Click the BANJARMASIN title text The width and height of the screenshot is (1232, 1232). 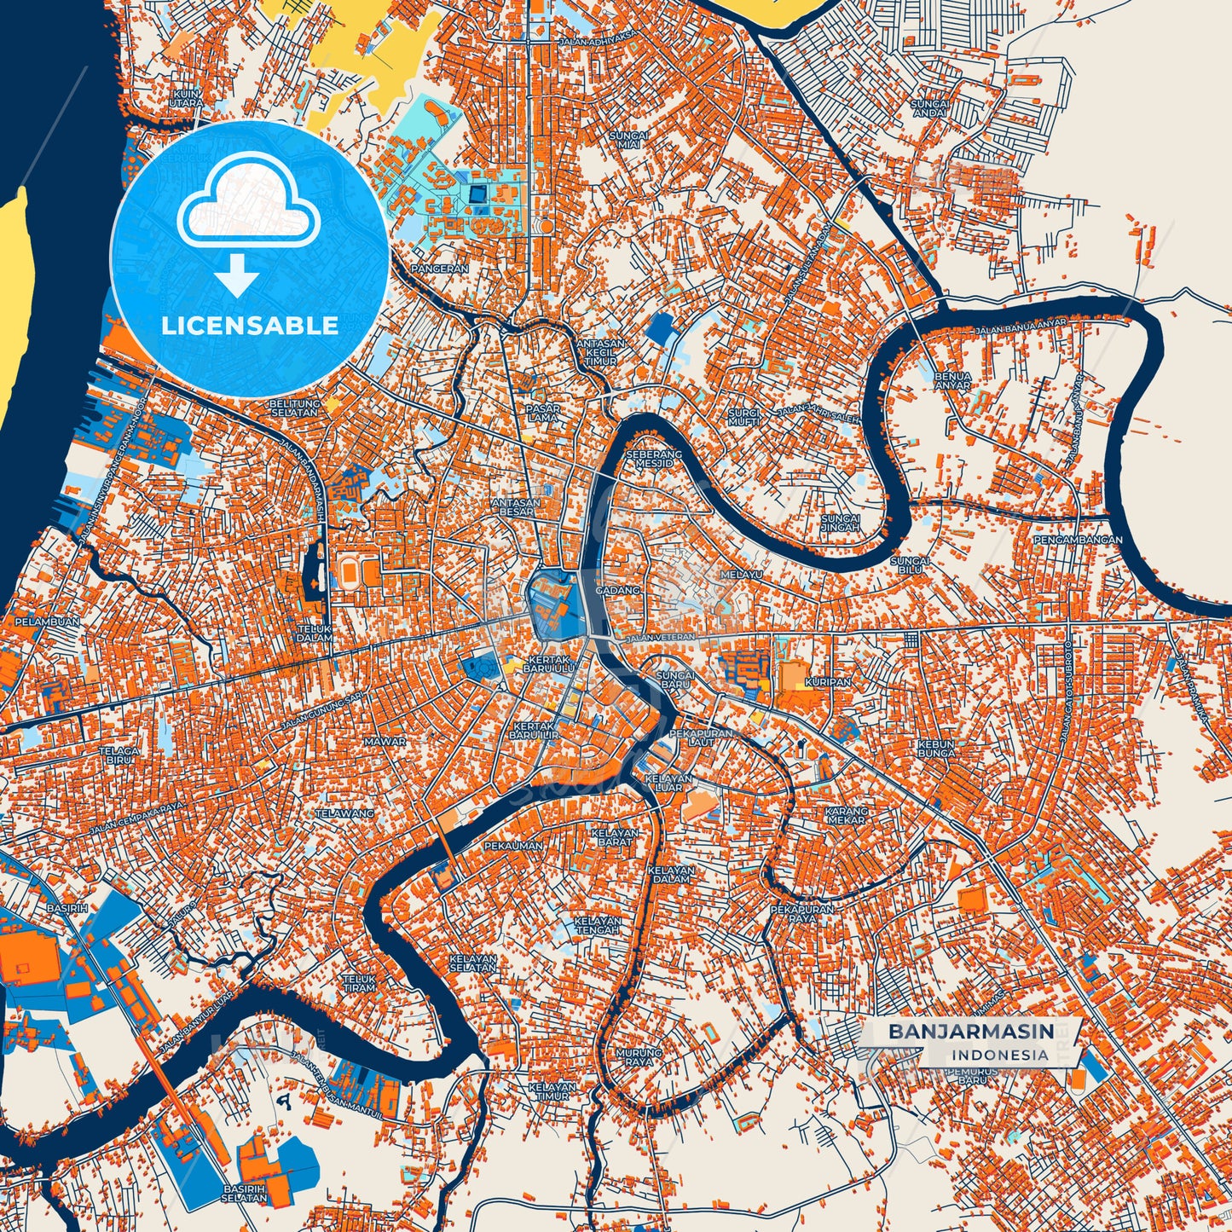pos(970,1032)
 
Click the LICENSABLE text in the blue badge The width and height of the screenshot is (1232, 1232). pos(250,325)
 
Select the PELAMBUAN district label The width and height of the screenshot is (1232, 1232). pos(47,622)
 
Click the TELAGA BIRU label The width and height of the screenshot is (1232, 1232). pos(119,755)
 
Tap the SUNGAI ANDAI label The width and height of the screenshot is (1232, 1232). pos(929,108)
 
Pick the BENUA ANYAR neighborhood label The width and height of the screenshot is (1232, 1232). pos(952,380)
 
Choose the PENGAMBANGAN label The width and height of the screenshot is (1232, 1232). pos(1078,540)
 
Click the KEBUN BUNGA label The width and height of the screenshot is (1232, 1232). pos(936,749)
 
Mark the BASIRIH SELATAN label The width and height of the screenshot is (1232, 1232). pos(245,1193)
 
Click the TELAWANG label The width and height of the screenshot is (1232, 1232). pos(344,813)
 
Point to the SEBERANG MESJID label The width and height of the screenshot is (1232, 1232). pos(654,459)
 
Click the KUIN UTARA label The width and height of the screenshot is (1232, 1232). pos(186,98)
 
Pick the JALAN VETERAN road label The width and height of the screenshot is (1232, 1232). pos(660,637)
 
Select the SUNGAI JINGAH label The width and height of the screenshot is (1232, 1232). pos(840,523)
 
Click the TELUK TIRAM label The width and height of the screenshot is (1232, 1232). pos(359,983)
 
